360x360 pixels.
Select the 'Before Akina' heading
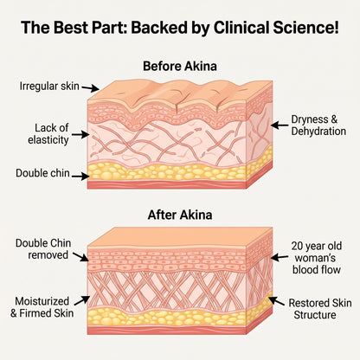point(180,66)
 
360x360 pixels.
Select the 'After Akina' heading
point(180,215)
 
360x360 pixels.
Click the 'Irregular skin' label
point(49,86)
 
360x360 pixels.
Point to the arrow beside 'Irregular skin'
point(90,88)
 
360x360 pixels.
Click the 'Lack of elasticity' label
point(48,134)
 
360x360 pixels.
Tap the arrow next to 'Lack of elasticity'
point(80,134)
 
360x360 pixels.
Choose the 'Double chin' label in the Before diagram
point(42,173)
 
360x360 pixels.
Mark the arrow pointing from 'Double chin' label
point(80,176)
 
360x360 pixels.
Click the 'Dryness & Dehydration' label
point(318,125)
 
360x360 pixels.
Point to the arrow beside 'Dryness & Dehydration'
point(280,125)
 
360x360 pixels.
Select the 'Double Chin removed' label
point(43,249)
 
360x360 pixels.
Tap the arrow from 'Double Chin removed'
point(80,257)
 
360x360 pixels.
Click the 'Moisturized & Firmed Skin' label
point(42,307)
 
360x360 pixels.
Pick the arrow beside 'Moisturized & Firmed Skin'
point(82,300)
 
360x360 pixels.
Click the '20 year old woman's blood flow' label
point(317,258)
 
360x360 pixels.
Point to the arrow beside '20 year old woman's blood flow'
point(280,257)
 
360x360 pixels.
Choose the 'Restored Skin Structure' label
point(320,309)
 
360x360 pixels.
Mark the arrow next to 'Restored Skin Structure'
point(276,301)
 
